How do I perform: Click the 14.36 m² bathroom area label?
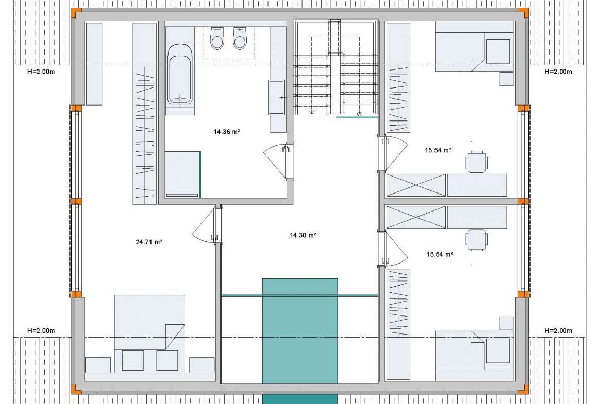[x=227, y=132]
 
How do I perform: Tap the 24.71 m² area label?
[x=149, y=242]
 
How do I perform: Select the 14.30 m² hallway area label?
[x=303, y=235]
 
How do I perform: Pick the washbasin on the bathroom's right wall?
[x=276, y=97]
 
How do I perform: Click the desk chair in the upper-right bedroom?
[x=477, y=162]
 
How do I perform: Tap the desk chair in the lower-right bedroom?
[x=477, y=240]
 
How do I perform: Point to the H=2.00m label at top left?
[x=41, y=72]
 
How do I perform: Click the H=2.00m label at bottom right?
[x=558, y=330]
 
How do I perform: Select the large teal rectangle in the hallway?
[x=300, y=331]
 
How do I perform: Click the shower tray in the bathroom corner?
[x=182, y=174]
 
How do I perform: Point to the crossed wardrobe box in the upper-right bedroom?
[x=416, y=185]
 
